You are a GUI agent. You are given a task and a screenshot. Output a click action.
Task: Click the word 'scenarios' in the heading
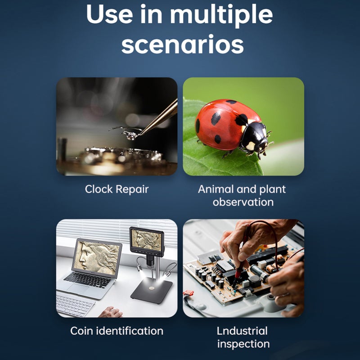(x=183, y=44)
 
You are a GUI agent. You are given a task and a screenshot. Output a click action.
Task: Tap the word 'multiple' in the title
(x=221, y=15)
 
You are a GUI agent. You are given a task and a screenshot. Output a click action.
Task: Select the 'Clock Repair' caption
(x=117, y=189)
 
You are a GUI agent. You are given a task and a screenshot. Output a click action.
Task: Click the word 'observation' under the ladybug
(x=243, y=202)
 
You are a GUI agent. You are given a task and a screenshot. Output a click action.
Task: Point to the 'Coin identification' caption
(x=117, y=331)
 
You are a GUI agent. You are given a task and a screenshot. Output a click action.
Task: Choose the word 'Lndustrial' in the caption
(x=242, y=331)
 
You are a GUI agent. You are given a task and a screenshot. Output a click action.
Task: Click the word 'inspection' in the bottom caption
(x=243, y=344)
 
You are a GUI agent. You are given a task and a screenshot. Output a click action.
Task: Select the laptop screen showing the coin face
(x=97, y=257)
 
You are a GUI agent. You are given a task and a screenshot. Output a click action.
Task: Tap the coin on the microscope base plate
(x=152, y=288)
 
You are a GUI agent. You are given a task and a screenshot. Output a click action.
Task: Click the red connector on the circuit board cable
(x=188, y=293)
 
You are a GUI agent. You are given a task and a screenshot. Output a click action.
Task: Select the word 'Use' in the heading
(x=109, y=14)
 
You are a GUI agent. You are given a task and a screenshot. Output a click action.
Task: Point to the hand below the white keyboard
(x=111, y=312)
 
